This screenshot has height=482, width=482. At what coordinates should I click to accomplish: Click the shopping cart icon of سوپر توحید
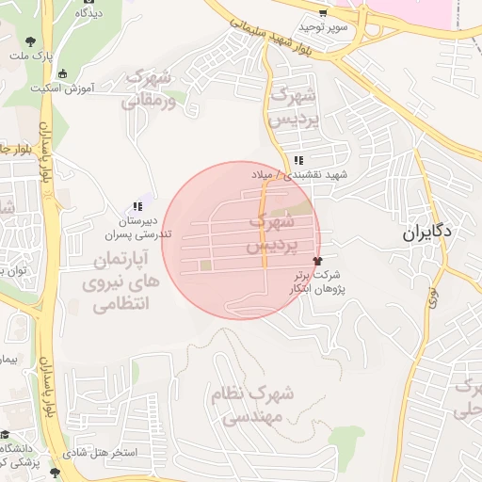tap(323, 13)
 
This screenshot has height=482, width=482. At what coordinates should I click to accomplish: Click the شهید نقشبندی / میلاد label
tap(298, 175)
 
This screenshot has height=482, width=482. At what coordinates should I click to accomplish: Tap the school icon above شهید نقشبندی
tap(298, 160)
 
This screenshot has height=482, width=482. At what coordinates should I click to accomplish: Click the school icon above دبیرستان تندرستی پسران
tap(138, 205)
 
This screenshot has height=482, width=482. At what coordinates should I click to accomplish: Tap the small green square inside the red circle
tap(206, 265)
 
